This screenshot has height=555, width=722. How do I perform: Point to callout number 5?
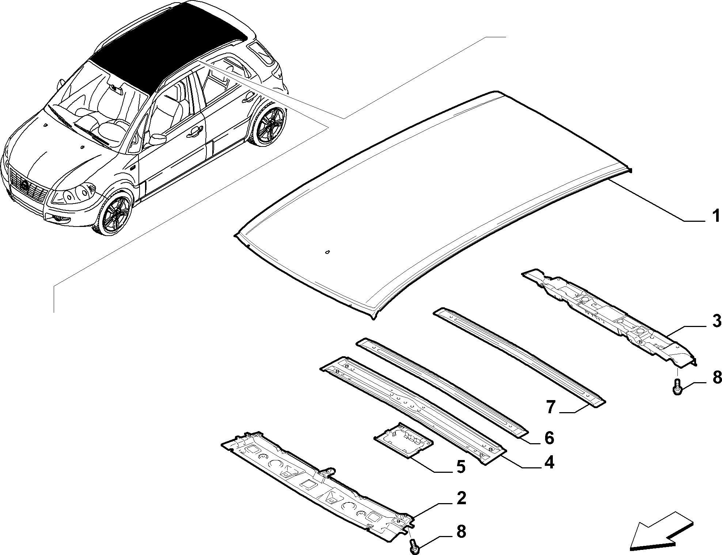pyautogui.click(x=460, y=467)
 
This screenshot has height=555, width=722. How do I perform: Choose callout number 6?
pyautogui.click(x=549, y=437)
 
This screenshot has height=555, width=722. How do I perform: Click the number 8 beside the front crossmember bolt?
pyautogui.click(x=461, y=532)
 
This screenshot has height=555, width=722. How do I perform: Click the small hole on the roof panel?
pyautogui.click(x=326, y=252)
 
